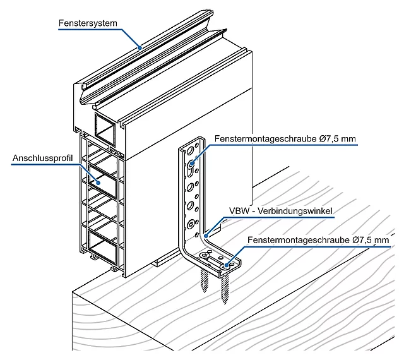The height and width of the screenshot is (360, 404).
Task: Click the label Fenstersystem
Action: (88, 23)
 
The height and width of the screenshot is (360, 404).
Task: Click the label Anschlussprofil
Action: (41, 159)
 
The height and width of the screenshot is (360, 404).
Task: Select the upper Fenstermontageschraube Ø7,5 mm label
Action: (285, 138)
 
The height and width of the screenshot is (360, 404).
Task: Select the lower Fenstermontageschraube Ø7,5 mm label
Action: (318, 240)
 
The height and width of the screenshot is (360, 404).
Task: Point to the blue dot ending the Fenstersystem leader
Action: (141, 47)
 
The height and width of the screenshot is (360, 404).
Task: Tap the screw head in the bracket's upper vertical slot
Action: (191, 163)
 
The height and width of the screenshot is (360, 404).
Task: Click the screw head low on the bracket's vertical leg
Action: (191, 224)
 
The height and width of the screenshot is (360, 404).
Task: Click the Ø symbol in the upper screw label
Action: (323, 138)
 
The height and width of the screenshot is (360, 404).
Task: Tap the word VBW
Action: (237, 210)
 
